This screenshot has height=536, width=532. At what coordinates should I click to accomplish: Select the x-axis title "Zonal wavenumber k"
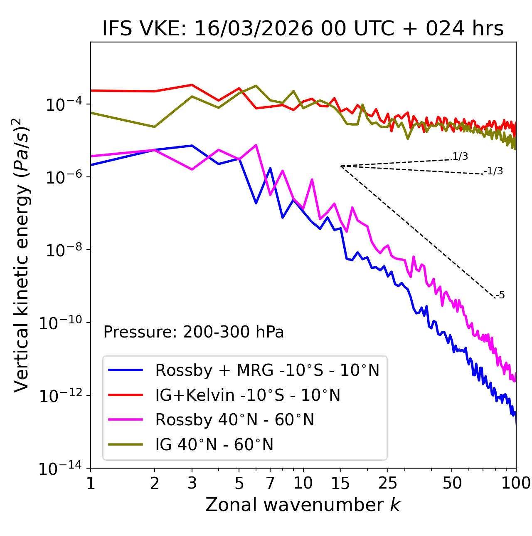pos(303,505)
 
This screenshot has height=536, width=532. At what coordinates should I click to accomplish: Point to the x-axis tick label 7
pos(270,483)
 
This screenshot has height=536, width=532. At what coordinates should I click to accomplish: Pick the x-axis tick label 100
pos(515,483)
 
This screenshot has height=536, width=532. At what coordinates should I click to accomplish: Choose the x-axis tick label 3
pos(192,483)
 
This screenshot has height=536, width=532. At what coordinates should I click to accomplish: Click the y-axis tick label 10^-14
pos(60,469)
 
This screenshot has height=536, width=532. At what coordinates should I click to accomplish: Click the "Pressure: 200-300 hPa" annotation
pos(194,332)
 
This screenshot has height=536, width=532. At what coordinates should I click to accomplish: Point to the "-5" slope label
pos(500,295)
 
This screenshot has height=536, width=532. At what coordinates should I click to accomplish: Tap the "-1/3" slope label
pos(493,171)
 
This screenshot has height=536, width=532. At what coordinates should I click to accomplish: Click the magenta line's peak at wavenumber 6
pos(256,145)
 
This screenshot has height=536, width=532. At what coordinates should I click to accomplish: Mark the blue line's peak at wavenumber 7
pos(270,168)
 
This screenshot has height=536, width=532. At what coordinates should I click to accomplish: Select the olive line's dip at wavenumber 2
pos(155,127)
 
